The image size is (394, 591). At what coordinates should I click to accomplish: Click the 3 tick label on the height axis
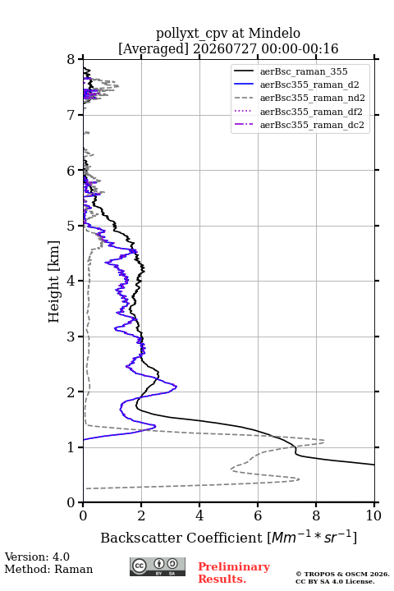[x=71, y=337]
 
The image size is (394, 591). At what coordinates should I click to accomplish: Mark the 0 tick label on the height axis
[x=71, y=502]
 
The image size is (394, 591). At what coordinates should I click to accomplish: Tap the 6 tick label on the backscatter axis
[x=258, y=515]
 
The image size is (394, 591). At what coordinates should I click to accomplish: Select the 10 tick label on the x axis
[x=374, y=515]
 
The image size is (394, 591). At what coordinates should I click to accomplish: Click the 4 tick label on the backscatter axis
[x=199, y=515]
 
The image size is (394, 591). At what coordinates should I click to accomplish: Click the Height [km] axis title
[x=54, y=282]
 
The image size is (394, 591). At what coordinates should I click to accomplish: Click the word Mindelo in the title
[x=274, y=33]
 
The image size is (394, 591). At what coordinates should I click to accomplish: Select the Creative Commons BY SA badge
[x=158, y=567]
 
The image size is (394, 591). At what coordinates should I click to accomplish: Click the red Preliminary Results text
[x=234, y=573]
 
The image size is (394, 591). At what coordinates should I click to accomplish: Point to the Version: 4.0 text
[x=37, y=557]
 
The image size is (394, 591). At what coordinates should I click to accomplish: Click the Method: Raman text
[x=48, y=569]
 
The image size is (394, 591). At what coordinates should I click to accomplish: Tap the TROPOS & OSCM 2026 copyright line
[x=342, y=574]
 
